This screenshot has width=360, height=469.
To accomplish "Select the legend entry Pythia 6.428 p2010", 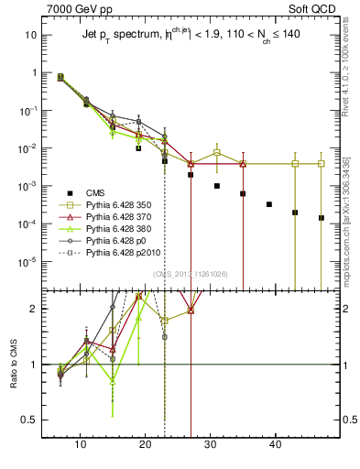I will [x=135, y=258].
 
